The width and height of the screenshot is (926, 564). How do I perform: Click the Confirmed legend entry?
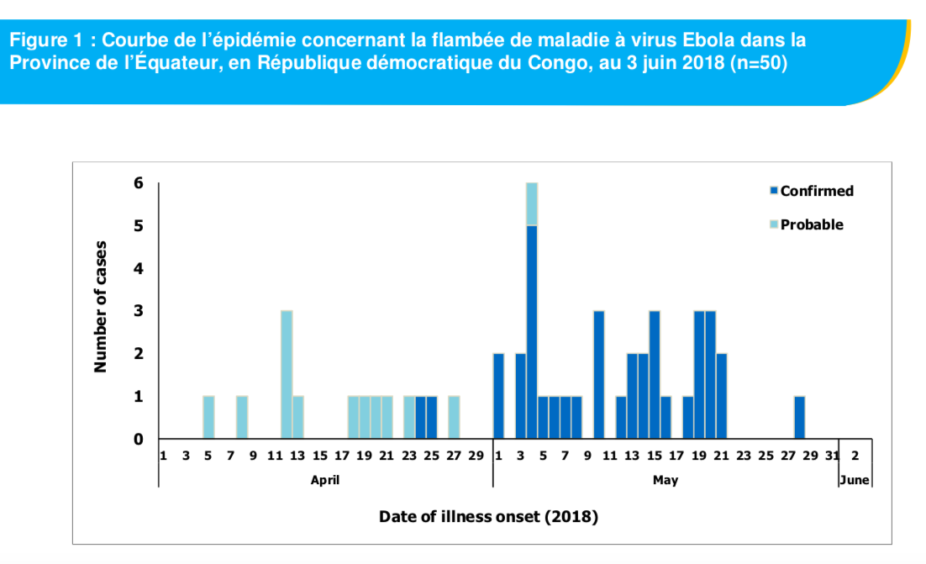point(811,191)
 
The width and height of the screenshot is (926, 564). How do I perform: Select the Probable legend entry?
point(806,224)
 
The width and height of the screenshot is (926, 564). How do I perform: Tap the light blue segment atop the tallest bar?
point(532,203)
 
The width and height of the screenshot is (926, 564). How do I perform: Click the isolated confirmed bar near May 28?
point(799,417)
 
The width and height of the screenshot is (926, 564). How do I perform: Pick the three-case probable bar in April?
point(287,374)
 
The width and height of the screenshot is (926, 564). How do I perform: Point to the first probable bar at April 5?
point(208,417)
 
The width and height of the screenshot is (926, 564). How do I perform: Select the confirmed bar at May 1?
point(498,396)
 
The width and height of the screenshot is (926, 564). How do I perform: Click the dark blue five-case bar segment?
point(532,331)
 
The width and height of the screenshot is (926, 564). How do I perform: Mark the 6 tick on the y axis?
point(139,183)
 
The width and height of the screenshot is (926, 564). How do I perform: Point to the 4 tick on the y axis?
point(139,269)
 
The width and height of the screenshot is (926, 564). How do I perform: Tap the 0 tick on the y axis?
point(139,439)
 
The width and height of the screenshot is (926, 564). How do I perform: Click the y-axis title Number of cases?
point(102,306)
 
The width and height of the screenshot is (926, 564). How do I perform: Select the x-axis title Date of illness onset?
point(488,516)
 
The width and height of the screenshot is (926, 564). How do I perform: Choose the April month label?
point(325,481)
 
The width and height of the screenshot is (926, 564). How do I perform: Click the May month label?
point(665,481)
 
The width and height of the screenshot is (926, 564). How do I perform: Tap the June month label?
point(855,481)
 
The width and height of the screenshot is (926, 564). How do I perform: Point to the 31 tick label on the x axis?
point(832,456)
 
